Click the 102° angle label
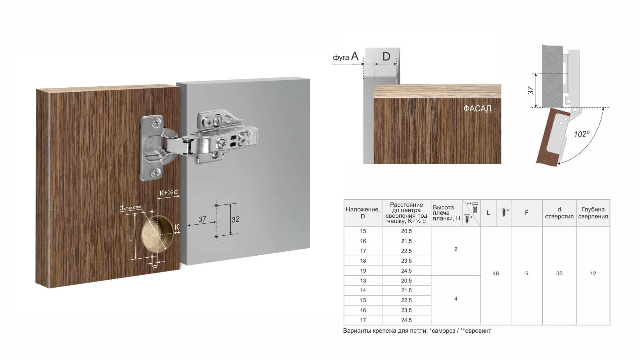(582, 134)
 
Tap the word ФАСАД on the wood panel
(477, 109)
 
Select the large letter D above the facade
(386, 57)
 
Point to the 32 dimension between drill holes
(235, 219)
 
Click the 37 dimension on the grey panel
(202, 219)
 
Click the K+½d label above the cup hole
(169, 192)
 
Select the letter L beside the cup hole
(131, 238)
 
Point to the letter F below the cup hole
(155, 268)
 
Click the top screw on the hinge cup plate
(156, 124)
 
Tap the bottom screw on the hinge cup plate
(155, 172)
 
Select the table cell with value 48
(495, 273)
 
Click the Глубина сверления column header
(593, 213)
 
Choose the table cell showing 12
(593, 273)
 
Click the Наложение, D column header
(363, 213)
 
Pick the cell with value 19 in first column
(363, 271)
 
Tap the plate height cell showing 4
(456, 299)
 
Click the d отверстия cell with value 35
(559, 273)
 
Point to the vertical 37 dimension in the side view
(531, 90)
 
